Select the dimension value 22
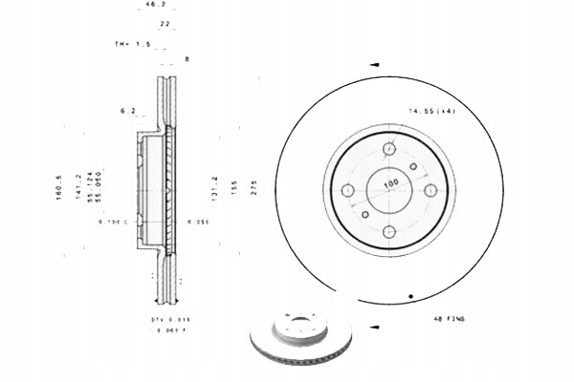click(165, 24)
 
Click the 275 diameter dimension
click(254, 186)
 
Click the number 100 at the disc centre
click(390, 182)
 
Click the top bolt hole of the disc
click(389, 148)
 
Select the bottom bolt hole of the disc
click(389, 231)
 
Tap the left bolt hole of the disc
click(348, 190)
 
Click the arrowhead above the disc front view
click(375, 65)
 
